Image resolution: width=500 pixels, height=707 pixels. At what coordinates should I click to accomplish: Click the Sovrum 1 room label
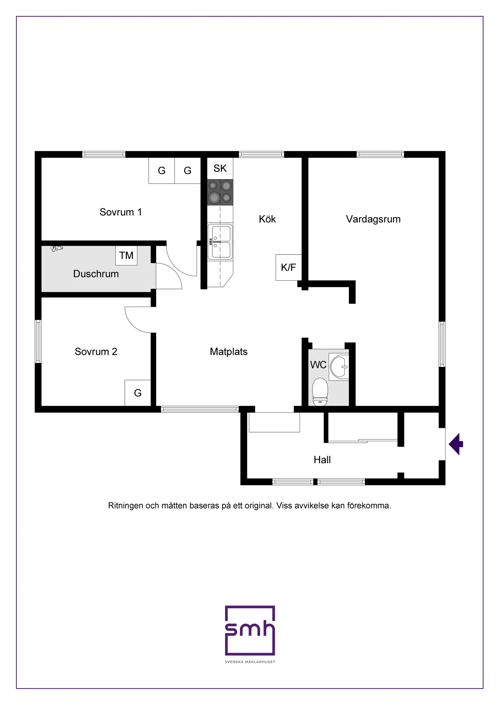[121, 212]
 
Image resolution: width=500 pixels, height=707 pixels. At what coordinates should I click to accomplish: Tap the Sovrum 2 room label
[96, 352]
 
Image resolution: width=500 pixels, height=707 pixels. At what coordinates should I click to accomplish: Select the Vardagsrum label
[373, 219]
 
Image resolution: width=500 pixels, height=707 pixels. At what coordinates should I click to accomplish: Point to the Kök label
[267, 219]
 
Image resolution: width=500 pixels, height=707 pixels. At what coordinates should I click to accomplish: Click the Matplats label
[228, 352]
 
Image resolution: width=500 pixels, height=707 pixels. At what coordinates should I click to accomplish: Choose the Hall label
[322, 460]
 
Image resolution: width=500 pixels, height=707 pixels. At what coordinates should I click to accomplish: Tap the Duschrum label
[96, 274]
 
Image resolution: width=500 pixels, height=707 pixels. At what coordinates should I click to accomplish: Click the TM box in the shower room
[126, 255]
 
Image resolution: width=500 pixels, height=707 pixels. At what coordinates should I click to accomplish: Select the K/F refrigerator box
[288, 267]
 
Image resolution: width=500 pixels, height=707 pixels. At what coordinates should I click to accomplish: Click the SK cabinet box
[220, 168]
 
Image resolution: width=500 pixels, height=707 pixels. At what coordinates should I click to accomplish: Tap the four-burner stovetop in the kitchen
[220, 192]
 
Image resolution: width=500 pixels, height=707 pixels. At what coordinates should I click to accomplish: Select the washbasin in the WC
[340, 367]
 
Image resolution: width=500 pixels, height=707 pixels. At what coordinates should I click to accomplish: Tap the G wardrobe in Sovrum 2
[138, 393]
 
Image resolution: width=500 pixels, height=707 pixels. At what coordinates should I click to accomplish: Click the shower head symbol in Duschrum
[56, 248]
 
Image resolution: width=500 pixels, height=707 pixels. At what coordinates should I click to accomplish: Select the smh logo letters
[250, 630]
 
